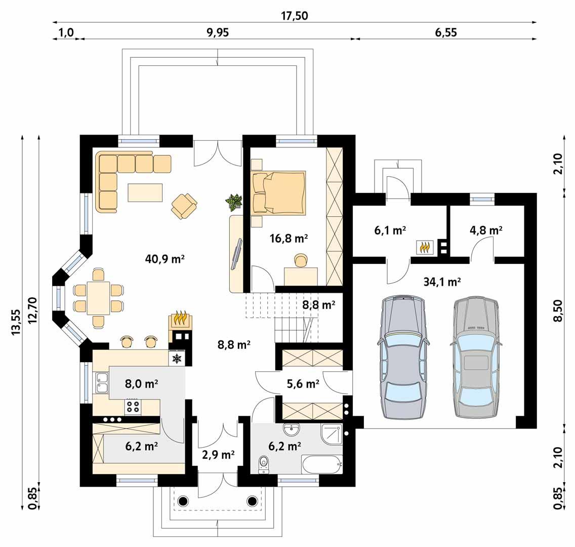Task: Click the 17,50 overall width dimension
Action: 294,16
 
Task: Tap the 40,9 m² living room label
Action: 165,259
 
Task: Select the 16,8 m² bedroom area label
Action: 290,239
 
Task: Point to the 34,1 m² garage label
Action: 442,282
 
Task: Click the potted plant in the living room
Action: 233,202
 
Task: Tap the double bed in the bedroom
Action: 279,192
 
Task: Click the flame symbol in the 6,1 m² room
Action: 425,247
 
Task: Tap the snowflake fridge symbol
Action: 177,359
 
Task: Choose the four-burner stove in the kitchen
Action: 133,405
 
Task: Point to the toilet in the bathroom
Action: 263,463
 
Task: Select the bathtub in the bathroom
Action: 321,463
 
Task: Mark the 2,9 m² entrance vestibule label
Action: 218,454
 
